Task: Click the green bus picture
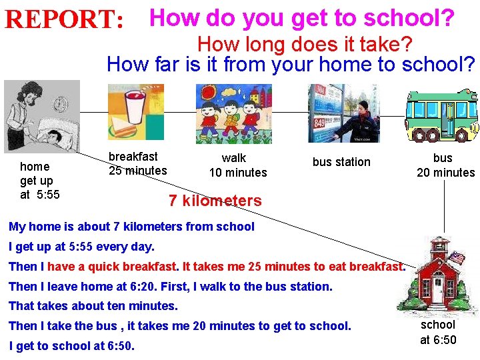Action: tap(442, 115)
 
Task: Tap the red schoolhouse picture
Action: tap(437, 274)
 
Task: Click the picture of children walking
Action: tap(233, 114)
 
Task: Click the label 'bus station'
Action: tap(341, 162)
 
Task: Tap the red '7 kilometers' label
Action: tap(215, 201)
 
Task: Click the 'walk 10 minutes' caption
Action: tap(237, 165)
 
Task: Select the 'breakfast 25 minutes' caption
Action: tap(137, 163)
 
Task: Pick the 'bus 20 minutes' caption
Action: tap(445, 165)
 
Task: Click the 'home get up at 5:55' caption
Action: tap(39, 180)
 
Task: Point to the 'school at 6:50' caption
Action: tap(438, 332)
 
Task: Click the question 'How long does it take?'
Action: tap(305, 45)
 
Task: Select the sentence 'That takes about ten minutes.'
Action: tap(93, 306)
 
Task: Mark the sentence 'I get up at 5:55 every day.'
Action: tap(81, 247)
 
